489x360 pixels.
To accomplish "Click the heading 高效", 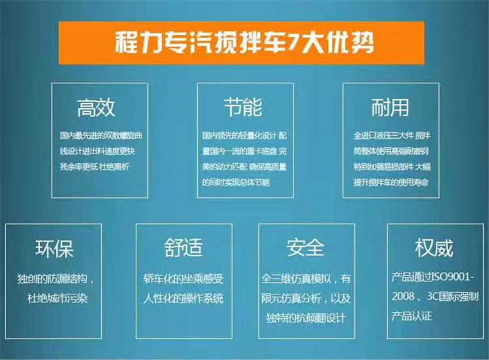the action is (x=96, y=108).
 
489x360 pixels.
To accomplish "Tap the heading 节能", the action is (x=243, y=107).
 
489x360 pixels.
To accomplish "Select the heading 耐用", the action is (x=390, y=108).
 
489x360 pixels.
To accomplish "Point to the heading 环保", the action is (x=54, y=249).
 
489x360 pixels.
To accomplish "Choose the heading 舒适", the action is (x=184, y=248).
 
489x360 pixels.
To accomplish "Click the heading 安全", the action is (x=305, y=247).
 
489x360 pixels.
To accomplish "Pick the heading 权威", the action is (x=434, y=248).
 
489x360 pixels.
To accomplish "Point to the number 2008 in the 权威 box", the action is (x=403, y=296).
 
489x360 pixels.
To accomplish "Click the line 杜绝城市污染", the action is (x=58, y=298).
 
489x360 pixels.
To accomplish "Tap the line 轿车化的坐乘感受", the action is (x=184, y=279).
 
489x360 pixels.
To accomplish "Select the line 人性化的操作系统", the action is (x=184, y=298).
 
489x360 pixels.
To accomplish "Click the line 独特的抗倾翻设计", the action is (x=306, y=318).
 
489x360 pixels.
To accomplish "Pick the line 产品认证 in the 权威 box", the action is (x=412, y=316).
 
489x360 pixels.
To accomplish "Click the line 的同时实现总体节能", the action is (x=236, y=182).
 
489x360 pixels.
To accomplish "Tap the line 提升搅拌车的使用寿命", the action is (x=391, y=182).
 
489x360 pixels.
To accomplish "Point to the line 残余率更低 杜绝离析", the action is (x=94, y=167).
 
